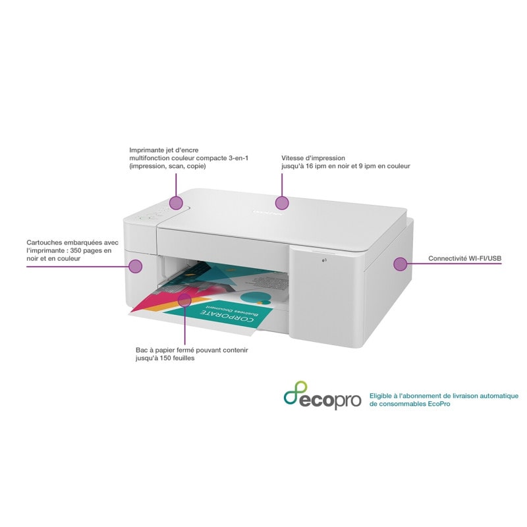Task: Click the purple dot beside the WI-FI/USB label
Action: point(399,263)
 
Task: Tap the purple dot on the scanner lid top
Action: point(283,203)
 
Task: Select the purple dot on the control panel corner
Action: point(175,203)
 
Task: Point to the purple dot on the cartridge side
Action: point(136,266)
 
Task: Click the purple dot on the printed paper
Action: point(185,300)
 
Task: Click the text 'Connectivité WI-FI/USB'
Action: point(464,259)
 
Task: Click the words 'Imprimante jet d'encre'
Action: point(164,150)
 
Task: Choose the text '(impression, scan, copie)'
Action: point(167,167)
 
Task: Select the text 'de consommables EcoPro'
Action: point(410,404)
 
